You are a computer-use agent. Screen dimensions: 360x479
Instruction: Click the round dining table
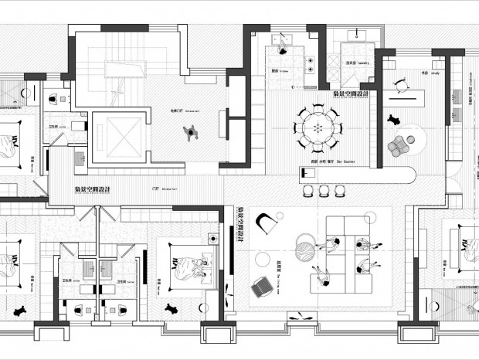coord(317,127)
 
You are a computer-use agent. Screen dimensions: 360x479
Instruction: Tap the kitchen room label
coord(275,69)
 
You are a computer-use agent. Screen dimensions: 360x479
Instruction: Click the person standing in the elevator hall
coord(189,134)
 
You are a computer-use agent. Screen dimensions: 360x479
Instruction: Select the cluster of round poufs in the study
coord(400,144)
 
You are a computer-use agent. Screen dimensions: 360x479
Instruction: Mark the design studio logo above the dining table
coord(352,95)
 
